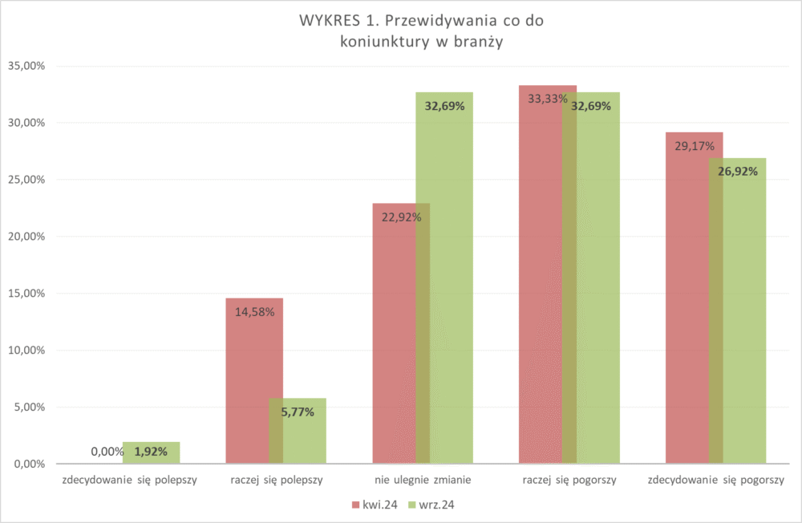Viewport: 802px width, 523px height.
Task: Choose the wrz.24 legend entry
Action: coord(433,505)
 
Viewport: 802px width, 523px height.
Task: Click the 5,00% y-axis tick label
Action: coord(26,407)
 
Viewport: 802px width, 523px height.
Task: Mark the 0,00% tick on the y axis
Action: coord(26,464)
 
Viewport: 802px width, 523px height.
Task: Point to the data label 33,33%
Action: coord(548,99)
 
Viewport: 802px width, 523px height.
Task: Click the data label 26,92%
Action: coord(737,171)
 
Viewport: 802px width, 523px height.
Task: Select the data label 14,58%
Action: coord(255,312)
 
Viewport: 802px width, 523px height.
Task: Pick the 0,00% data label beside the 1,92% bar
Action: coord(107,452)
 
